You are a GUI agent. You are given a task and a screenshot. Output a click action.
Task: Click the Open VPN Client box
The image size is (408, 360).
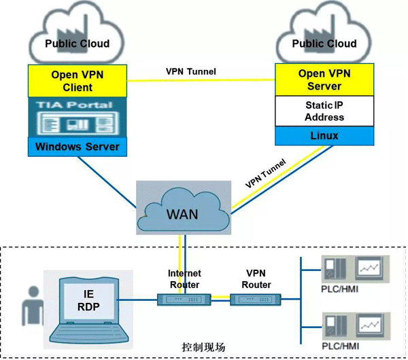click(x=78, y=80)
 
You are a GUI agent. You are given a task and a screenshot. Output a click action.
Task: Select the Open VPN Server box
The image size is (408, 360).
click(x=324, y=80)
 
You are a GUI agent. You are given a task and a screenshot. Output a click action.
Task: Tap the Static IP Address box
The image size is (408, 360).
click(x=324, y=111)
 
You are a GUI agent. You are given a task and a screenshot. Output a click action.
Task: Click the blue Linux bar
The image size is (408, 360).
click(x=324, y=136)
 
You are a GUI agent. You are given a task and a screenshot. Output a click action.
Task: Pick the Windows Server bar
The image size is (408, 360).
click(x=78, y=146)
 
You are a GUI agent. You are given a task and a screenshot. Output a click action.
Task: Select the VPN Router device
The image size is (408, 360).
click(x=256, y=300)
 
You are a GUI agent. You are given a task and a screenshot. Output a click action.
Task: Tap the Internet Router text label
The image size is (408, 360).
click(x=184, y=278)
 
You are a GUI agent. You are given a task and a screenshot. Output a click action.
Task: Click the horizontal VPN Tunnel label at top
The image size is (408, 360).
click(x=191, y=71)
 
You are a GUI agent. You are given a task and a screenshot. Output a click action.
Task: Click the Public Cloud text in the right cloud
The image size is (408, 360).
click(x=324, y=43)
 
